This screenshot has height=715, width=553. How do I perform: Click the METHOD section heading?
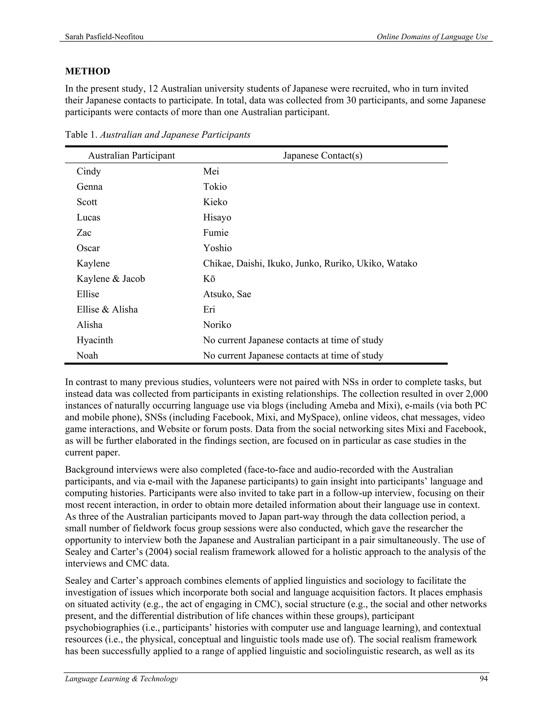click(x=87, y=71)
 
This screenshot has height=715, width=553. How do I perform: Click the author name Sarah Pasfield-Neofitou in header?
click(x=104, y=37)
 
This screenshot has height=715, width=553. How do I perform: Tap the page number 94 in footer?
click(x=484, y=679)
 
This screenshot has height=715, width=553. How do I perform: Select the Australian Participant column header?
click(x=131, y=155)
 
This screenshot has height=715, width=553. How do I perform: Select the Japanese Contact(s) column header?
click(x=323, y=155)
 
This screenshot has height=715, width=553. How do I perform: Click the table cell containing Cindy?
click(x=89, y=172)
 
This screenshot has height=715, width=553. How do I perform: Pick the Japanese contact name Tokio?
click(x=215, y=187)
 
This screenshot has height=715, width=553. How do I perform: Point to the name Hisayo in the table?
click(x=217, y=217)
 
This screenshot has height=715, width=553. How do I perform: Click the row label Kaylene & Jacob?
click(x=111, y=279)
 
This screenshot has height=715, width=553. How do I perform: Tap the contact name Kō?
click(x=209, y=279)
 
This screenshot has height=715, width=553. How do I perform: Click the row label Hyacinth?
click(x=95, y=340)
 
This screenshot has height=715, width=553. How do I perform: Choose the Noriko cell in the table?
click(x=217, y=325)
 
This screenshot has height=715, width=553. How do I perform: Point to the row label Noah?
click(x=87, y=356)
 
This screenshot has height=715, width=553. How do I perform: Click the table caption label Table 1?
click(x=81, y=135)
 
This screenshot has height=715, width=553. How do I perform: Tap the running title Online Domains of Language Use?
click(x=432, y=37)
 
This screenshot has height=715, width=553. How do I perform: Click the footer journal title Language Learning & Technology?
click(x=121, y=679)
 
